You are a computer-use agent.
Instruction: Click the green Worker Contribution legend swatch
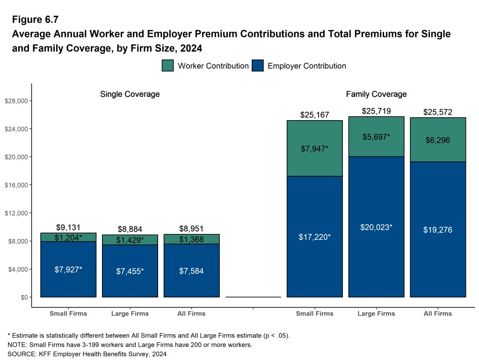click(x=168, y=66)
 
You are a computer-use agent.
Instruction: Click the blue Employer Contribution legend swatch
click(x=258, y=66)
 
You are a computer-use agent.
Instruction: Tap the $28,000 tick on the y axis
click(x=16, y=101)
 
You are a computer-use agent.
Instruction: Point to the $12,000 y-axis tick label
click(x=16, y=213)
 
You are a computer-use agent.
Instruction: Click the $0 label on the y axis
click(x=22, y=297)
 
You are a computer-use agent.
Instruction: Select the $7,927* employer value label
click(x=68, y=269)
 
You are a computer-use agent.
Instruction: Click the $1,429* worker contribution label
click(x=130, y=240)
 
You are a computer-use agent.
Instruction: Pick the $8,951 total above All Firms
click(x=191, y=229)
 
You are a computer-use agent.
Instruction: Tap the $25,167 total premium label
click(x=314, y=115)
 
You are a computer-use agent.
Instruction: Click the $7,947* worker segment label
click(x=314, y=149)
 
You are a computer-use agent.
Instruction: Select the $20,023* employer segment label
click(x=376, y=227)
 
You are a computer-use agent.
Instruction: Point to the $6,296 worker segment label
click(x=437, y=140)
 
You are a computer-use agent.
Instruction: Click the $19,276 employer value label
click(x=437, y=230)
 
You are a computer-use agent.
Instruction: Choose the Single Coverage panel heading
click(x=130, y=94)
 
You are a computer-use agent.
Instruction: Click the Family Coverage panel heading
click(x=376, y=94)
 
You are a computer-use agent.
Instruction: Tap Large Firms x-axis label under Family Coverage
click(x=376, y=313)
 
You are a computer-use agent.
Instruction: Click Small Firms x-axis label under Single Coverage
click(x=68, y=313)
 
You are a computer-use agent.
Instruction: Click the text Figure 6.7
click(x=35, y=20)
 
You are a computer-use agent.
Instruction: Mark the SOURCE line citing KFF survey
click(x=87, y=354)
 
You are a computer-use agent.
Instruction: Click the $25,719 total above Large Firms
click(x=376, y=111)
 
